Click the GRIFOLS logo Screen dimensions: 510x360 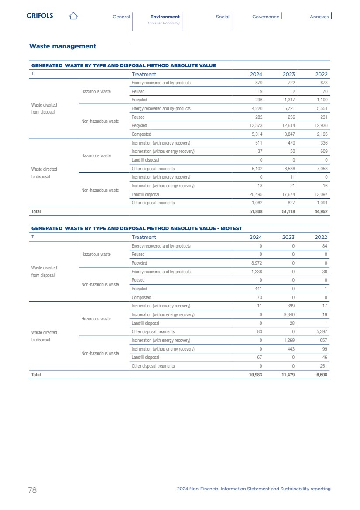[40, 16]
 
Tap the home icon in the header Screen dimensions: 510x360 [73, 16]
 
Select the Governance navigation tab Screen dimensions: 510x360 [265, 17]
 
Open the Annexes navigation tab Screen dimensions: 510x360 [319, 17]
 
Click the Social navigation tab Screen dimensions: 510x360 [223, 17]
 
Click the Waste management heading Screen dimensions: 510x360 [62, 46]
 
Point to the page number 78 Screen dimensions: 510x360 [32, 490]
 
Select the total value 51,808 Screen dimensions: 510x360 [255, 211]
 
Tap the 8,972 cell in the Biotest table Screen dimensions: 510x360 [256, 263]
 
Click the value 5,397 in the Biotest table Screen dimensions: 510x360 [321, 332]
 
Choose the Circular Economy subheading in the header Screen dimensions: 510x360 [164, 23]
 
